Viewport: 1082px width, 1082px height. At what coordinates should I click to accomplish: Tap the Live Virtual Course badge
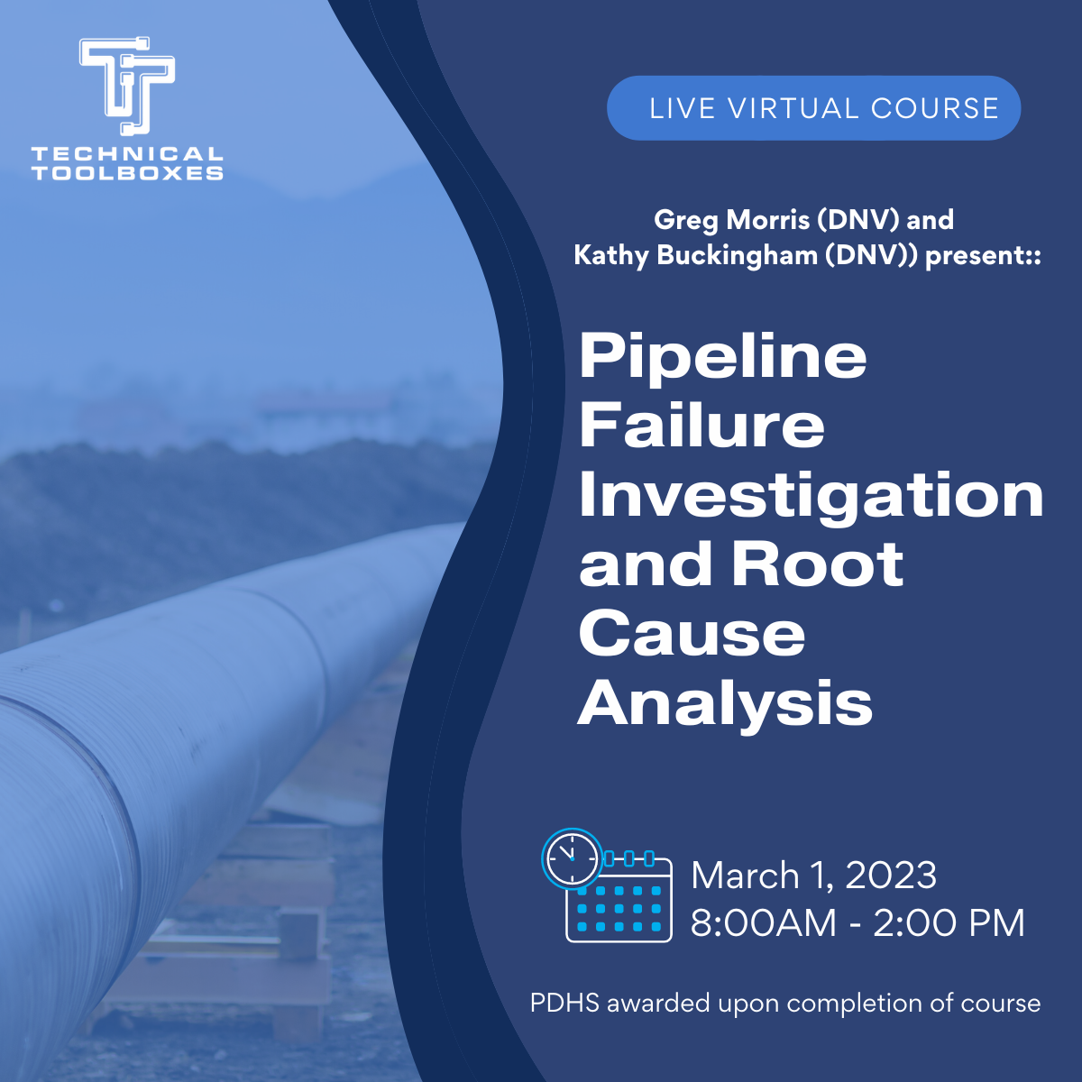(813, 108)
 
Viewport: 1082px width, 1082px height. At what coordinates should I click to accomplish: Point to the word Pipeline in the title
(722, 357)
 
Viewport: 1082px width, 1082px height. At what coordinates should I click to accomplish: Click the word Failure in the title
(701, 426)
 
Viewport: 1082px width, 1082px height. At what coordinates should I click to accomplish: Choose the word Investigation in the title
(811, 495)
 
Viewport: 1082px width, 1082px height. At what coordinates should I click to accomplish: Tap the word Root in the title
(817, 564)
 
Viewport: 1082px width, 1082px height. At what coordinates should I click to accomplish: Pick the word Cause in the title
(692, 633)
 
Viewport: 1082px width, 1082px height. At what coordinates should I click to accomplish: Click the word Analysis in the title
(725, 702)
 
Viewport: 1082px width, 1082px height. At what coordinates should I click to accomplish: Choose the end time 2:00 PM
(949, 922)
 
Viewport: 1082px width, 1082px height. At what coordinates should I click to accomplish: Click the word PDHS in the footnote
(564, 1003)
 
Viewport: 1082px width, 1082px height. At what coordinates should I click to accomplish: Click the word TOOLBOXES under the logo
(127, 173)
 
